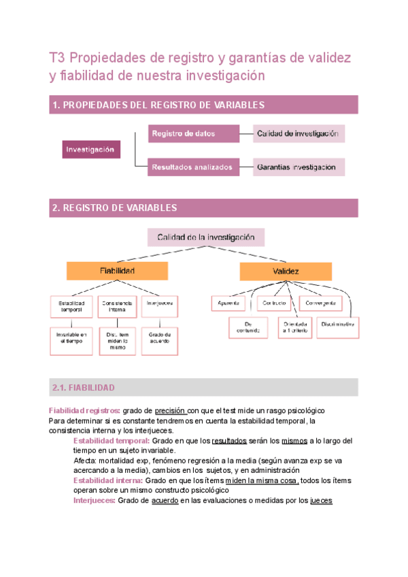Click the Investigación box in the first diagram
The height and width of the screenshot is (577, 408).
click(x=89, y=149)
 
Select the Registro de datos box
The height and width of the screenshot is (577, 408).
click(x=194, y=133)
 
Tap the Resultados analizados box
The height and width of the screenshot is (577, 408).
click(x=194, y=167)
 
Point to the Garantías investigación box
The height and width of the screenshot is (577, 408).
click(x=299, y=167)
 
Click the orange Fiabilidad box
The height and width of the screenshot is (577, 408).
click(x=117, y=271)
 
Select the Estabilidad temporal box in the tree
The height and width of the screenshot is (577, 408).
click(x=71, y=306)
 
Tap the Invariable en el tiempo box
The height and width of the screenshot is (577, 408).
click(x=71, y=339)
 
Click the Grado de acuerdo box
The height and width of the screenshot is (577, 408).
click(x=159, y=339)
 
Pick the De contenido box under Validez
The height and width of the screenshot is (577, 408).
click(x=248, y=328)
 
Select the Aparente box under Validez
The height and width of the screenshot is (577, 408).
click(x=228, y=302)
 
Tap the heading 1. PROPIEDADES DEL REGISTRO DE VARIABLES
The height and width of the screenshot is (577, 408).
click(x=158, y=105)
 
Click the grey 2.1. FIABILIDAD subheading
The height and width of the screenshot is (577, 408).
click(x=84, y=388)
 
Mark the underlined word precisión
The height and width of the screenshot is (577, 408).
click(x=169, y=411)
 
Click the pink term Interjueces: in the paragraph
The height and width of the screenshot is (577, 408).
click(x=94, y=501)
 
